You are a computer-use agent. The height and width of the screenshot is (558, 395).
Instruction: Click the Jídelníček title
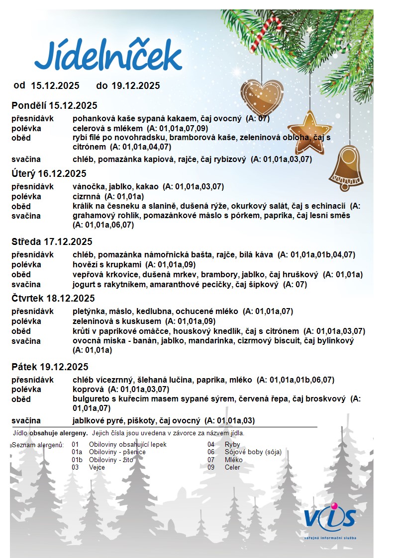[x=108, y=56]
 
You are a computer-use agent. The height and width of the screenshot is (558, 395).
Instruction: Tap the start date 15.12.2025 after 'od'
[x=55, y=85]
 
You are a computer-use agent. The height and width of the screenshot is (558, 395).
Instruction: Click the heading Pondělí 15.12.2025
[x=54, y=105]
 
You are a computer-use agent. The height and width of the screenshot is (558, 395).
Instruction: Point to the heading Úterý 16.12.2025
[x=49, y=173]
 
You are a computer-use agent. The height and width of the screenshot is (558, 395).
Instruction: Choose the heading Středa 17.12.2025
[x=52, y=242]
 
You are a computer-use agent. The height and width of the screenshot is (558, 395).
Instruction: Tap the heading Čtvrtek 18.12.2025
[x=53, y=299]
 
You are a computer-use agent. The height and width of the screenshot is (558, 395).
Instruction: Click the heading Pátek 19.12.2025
[x=50, y=367]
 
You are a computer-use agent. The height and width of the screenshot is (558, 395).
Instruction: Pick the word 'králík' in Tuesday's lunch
[x=83, y=206]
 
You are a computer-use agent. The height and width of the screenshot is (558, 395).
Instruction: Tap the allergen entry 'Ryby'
[x=232, y=445]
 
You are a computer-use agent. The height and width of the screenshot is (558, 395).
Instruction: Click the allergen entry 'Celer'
[x=232, y=467]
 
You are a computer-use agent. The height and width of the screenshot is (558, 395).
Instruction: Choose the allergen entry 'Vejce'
[x=97, y=467]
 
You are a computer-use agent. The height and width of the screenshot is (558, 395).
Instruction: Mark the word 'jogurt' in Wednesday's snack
[x=83, y=285]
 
